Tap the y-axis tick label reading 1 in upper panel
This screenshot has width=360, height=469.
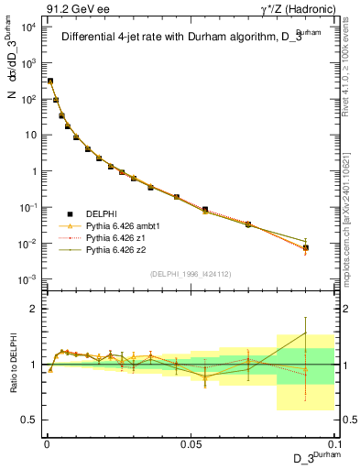coord(33,171)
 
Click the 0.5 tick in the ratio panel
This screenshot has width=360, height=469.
coord(30,420)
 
